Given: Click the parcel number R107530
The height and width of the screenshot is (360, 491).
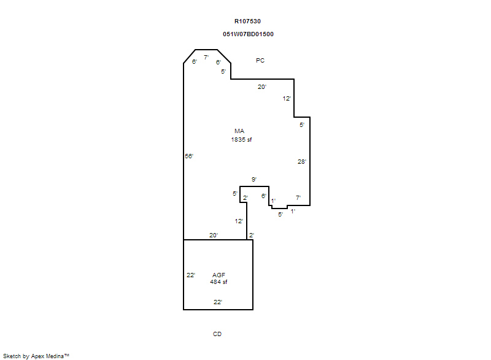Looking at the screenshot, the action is (247, 21).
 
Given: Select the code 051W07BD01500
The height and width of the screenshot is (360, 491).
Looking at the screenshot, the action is (248, 34).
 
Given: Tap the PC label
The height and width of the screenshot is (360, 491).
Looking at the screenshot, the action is (260, 60).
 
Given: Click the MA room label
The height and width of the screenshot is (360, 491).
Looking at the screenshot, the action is (239, 131).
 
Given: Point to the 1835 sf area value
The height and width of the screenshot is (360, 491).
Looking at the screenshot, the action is (241, 139).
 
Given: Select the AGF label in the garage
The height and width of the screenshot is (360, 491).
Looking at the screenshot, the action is (218, 275).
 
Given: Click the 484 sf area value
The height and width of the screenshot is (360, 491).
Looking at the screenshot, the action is (218, 282).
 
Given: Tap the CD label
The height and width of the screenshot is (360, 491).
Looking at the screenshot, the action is (217, 334).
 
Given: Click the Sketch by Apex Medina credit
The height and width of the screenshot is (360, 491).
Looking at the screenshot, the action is (36, 356).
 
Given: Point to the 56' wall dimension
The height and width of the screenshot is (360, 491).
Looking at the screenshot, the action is (189, 156).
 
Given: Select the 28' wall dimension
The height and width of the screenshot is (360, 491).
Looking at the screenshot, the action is (302, 161).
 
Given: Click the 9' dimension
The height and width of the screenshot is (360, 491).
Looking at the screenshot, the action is (254, 179).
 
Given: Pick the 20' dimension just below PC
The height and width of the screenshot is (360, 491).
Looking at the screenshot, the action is (262, 86).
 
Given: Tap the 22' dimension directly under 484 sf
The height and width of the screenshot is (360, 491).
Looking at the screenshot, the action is (218, 302).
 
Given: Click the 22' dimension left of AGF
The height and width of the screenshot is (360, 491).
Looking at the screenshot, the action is (191, 275).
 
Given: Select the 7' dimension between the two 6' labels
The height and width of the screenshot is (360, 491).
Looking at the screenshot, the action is (206, 57).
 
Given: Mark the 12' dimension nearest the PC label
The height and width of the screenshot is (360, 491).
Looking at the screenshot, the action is (287, 99).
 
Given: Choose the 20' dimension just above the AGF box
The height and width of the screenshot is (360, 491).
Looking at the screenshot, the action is (214, 235).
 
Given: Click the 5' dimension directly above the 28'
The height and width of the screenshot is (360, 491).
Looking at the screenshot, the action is (302, 124).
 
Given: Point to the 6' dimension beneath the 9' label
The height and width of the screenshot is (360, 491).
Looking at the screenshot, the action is (264, 196).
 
